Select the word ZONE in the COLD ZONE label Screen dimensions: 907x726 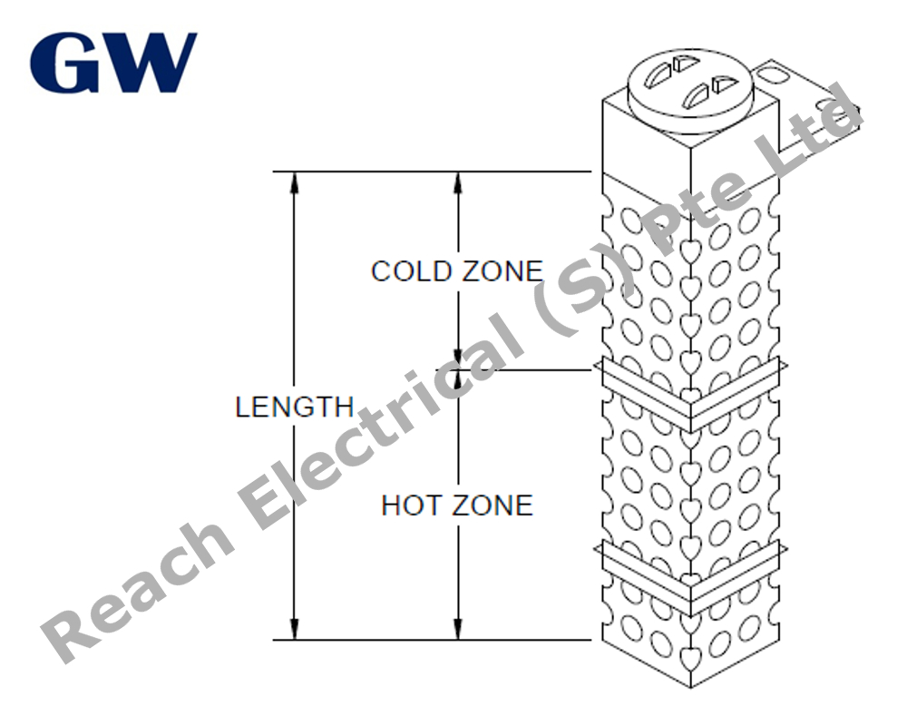[502, 271]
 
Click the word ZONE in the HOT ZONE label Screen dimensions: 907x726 [493, 505]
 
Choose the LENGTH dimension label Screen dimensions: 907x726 [295, 407]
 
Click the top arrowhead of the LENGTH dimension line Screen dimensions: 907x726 [295, 181]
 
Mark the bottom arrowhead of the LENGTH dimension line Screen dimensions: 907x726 [295, 629]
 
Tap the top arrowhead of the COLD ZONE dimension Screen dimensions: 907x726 [458, 181]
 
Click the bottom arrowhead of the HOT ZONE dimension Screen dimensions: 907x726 [458, 629]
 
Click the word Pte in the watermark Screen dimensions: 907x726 [694, 215]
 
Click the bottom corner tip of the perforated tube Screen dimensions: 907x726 [690, 687]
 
